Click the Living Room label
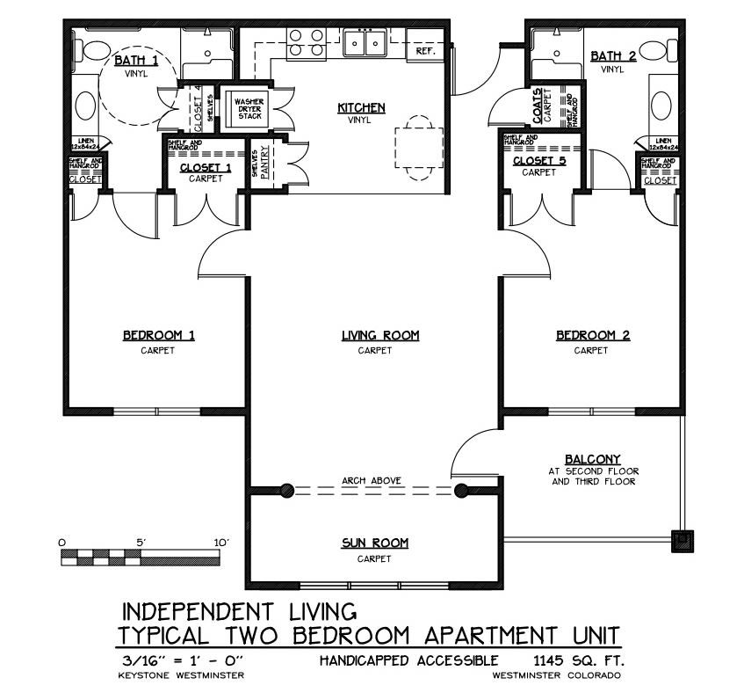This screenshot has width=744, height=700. [x=380, y=335]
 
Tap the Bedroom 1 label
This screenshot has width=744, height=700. [x=158, y=335]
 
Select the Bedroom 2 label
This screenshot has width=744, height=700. [x=593, y=335]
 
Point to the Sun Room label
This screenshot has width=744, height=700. [x=374, y=543]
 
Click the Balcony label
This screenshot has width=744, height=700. [x=593, y=459]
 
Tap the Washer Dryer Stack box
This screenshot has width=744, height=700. [x=249, y=109]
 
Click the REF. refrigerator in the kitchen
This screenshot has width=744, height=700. [x=426, y=52]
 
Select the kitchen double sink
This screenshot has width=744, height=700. [x=364, y=42]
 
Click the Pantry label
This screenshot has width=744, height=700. [x=263, y=162]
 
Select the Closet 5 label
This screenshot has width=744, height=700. [x=539, y=161]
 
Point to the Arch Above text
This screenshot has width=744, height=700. [x=372, y=481]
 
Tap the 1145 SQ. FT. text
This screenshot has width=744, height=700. [x=572, y=660]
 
